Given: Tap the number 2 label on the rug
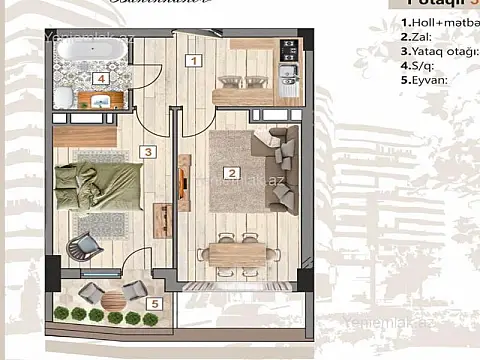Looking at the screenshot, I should (232, 173).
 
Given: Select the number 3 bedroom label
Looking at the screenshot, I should (146, 152).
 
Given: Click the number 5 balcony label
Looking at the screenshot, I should (153, 303).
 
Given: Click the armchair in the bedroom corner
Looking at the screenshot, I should (85, 245).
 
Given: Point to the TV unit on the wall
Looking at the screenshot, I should (183, 180).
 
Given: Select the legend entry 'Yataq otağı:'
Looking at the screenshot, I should (440, 50).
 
